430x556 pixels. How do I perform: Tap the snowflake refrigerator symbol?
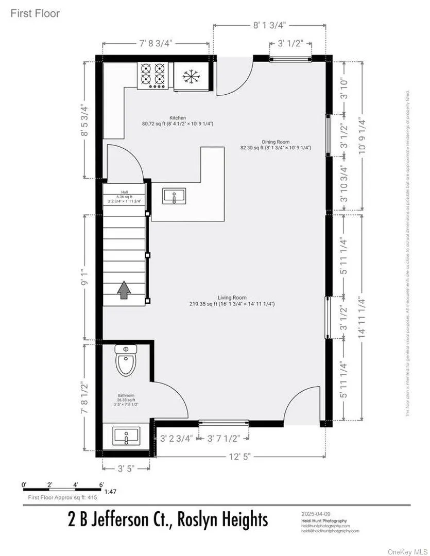coord(191,77)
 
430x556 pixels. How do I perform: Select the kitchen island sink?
coord(174,196)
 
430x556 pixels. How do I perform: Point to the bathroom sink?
coord(126,437)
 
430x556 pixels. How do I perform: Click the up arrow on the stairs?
coord(124,290)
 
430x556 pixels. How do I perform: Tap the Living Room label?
coord(232,298)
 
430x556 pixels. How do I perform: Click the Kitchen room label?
coord(178,118)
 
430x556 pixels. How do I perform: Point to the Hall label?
coord(124,193)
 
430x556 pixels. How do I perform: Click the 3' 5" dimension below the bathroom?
coord(126,468)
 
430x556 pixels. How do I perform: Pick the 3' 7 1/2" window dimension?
coord(224,439)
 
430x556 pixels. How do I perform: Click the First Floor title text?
coord(35,13)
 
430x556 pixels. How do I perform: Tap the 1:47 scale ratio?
coord(110,492)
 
